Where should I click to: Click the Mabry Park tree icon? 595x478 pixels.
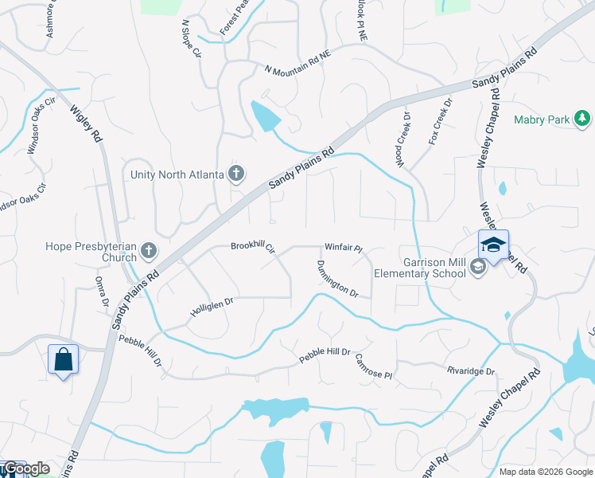(x=583, y=119)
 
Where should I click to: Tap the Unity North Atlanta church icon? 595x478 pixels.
(x=235, y=173)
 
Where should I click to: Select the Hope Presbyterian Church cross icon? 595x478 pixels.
(x=148, y=253)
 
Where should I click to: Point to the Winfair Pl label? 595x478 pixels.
(x=343, y=249)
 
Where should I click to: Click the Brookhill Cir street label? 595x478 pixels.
(x=252, y=247)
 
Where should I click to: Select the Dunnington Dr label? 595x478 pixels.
(x=337, y=280)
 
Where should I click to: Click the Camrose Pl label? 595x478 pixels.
(x=374, y=366)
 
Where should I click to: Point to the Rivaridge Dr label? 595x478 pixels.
(x=470, y=371)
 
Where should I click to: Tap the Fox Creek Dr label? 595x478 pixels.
(x=440, y=120)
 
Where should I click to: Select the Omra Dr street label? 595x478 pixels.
(x=102, y=292)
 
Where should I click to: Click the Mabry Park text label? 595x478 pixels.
(x=542, y=120)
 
